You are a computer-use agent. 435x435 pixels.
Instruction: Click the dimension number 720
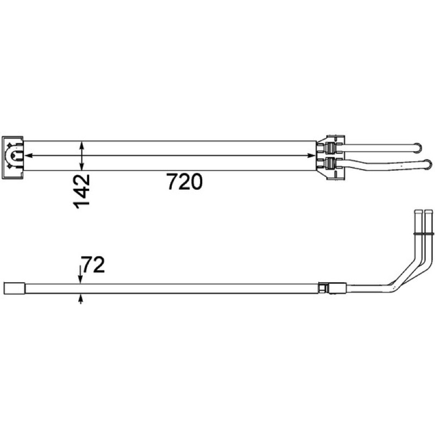click(x=184, y=182)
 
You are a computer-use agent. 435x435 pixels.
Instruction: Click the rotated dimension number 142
click(x=82, y=191)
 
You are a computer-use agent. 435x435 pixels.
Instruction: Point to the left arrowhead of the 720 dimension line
click(x=28, y=156)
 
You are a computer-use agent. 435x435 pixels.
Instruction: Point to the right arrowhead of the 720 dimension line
click(x=312, y=156)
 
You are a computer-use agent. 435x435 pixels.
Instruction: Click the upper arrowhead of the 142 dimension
click(x=82, y=145)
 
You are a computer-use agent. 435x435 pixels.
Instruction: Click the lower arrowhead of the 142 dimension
click(x=82, y=166)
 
